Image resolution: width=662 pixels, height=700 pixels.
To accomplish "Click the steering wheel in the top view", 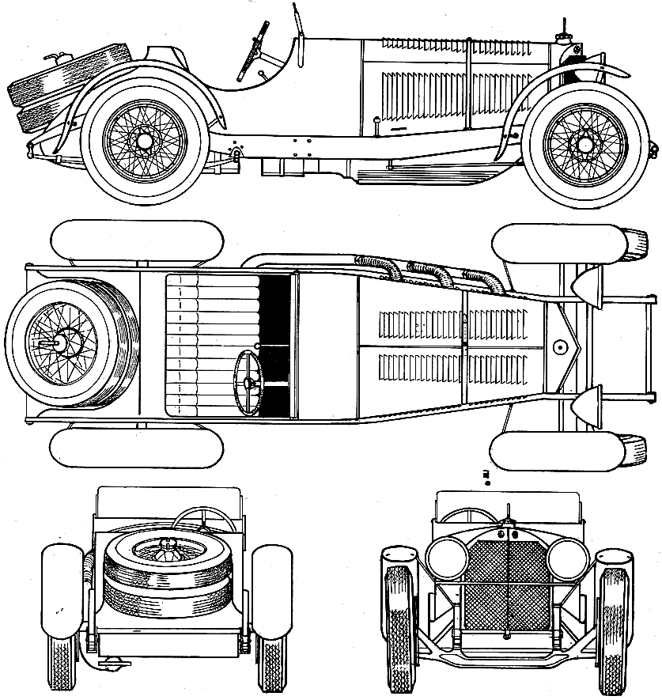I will pos(249,383).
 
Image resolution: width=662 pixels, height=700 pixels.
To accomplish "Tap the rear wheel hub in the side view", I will pos(144,141).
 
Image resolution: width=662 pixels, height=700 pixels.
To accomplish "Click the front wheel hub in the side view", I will pos(585,146).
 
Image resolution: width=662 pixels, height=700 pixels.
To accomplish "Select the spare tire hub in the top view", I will pos(59,344).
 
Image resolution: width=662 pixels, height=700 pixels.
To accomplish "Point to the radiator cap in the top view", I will pos(560,346).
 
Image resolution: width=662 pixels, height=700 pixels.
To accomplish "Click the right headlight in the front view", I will pos(566,559).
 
